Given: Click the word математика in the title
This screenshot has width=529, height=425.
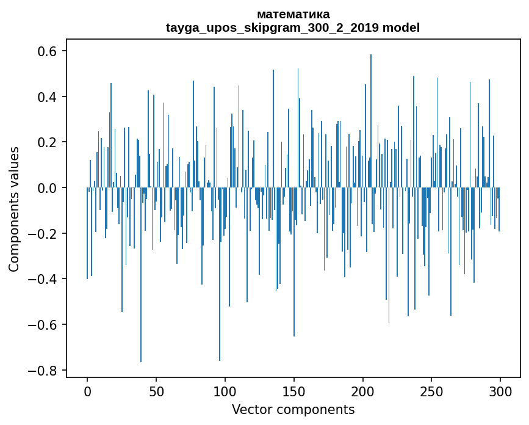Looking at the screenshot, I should point(293,14).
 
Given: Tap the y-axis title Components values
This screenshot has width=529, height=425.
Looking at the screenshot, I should point(14,209).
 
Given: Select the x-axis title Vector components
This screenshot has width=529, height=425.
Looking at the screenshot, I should point(293,409).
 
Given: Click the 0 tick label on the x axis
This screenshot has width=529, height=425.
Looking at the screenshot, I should point(87,391).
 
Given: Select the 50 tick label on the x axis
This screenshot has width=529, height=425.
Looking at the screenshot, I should point(156,391).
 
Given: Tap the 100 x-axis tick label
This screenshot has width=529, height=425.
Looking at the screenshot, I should point(225,391).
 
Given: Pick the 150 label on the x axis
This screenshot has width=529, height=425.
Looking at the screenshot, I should point(294,391).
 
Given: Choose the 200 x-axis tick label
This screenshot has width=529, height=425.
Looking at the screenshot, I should point(363,391).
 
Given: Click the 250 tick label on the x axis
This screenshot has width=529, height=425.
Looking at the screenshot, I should point(431,391).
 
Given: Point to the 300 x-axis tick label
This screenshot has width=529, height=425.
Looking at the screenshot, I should point(500,391).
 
